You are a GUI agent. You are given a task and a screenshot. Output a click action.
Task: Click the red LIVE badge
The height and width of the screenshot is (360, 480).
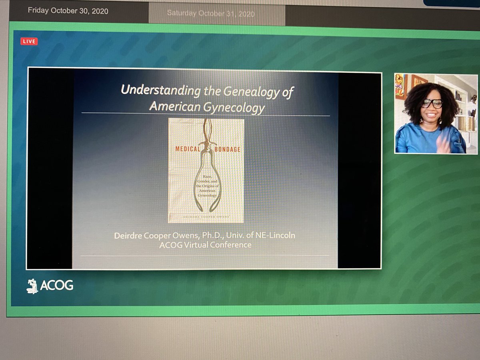click(x=29, y=41)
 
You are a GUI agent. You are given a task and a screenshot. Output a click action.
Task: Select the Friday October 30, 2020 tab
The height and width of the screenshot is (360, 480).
click(x=68, y=11)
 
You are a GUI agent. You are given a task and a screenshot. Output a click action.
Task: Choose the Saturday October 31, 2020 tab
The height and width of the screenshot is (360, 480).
click(x=210, y=13)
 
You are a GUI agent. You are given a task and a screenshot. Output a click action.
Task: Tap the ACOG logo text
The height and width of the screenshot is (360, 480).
click(x=56, y=285)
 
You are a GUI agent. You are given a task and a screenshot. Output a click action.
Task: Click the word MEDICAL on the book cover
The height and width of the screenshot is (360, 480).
click(x=187, y=149)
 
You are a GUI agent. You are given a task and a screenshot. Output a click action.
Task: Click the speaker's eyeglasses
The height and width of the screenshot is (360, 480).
click(x=431, y=104)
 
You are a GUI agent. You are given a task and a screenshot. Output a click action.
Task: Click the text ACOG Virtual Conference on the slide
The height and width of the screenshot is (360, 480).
click(x=205, y=245)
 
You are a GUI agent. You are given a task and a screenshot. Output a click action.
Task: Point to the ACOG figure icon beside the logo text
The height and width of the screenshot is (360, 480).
click(x=32, y=286)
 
